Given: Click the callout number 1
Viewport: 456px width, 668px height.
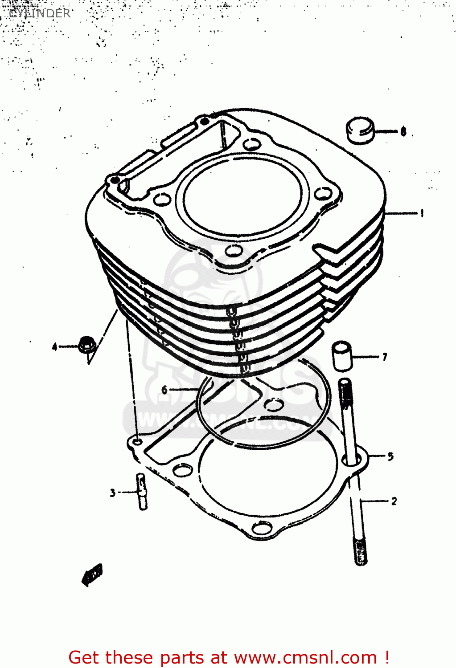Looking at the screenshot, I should pyautogui.click(x=422, y=213).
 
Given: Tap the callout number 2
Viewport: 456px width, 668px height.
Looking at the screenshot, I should pyautogui.click(x=394, y=501).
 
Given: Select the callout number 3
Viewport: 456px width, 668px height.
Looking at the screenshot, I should pyautogui.click(x=113, y=493).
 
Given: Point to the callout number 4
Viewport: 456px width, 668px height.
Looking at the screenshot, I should pyautogui.click(x=55, y=346).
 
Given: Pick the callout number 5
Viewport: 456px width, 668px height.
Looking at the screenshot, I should pyautogui.click(x=390, y=456).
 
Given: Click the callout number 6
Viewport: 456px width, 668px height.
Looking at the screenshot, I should pyautogui.click(x=164, y=390).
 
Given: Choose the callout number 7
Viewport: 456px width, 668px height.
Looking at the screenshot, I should pyautogui.click(x=384, y=357).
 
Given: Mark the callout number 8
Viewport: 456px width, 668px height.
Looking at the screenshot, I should pyautogui.click(x=403, y=131).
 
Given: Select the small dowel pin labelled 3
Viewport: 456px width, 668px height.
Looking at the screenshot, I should pyautogui.click(x=142, y=492).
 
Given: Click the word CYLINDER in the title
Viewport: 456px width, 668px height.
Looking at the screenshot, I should pyautogui.click(x=40, y=13).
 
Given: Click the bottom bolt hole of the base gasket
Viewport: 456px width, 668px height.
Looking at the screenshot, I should pyautogui.click(x=262, y=528).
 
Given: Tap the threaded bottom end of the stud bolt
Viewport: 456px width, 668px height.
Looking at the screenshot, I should pyautogui.click(x=361, y=552).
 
